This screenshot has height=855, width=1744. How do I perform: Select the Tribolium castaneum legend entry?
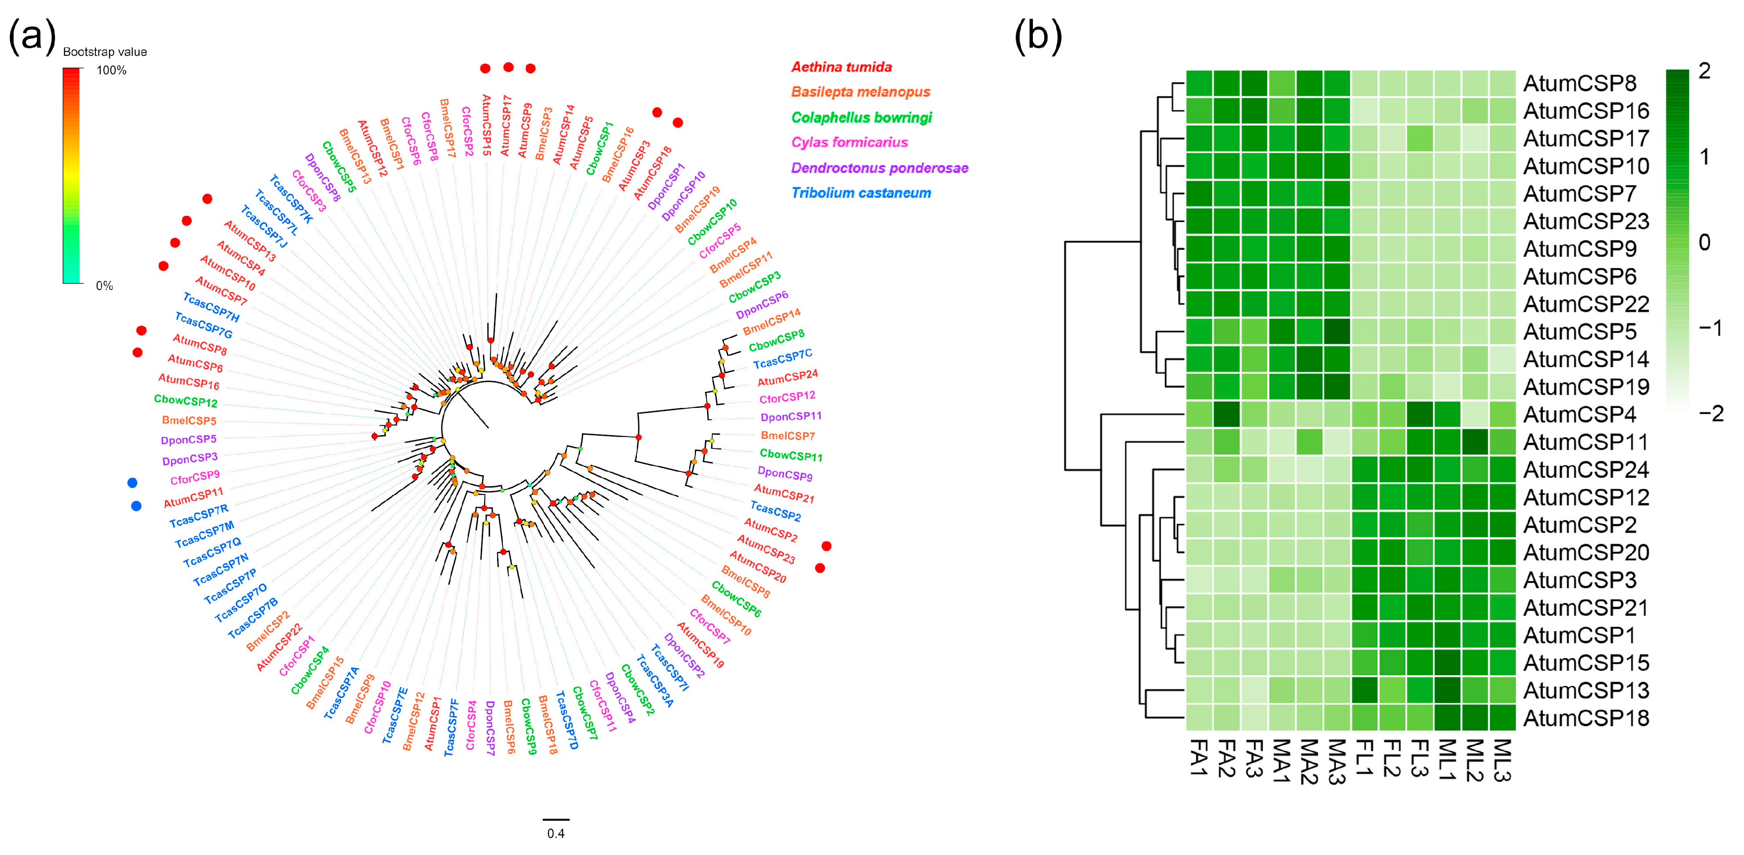pyautogui.click(x=861, y=193)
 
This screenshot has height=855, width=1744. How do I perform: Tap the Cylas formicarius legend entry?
pyautogui.click(x=849, y=142)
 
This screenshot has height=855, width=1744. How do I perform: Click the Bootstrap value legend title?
pyautogui.click(x=105, y=52)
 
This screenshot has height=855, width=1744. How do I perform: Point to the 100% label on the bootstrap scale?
pyautogui.click(x=112, y=70)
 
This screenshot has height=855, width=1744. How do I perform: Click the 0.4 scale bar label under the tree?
pyautogui.click(x=556, y=833)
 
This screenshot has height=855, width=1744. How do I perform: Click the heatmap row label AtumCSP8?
pyautogui.click(x=1580, y=83)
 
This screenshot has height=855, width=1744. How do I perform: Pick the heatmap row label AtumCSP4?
pyautogui.click(x=1580, y=414)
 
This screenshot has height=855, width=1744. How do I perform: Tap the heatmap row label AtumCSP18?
pyautogui.click(x=1586, y=718)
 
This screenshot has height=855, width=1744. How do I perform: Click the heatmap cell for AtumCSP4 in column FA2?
pyautogui.click(x=1227, y=414)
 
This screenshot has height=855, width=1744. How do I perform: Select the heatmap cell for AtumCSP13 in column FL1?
pyautogui.click(x=1365, y=691)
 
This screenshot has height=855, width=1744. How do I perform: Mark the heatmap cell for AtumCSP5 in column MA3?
pyautogui.click(x=1337, y=332)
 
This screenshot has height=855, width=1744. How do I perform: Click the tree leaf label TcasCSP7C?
pyautogui.click(x=783, y=360)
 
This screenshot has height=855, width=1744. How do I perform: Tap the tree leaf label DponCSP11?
pyautogui.click(x=791, y=416)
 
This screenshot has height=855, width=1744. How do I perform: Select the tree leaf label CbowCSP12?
pyautogui.click(x=185, y=401)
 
